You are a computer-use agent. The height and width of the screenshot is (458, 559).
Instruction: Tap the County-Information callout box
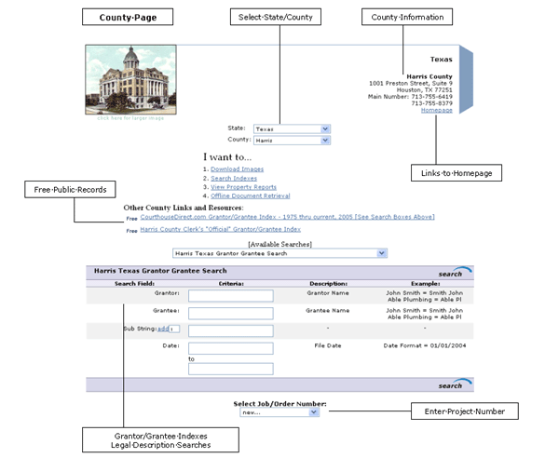click(408, 18)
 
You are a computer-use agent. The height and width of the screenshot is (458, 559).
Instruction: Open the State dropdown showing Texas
click(293, 128)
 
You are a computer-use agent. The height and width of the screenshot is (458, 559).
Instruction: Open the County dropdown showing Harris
click(293, 140)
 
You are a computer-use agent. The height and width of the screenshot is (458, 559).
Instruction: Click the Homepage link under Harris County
click(436, 110)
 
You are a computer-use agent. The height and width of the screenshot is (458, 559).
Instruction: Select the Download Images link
click(237, 169)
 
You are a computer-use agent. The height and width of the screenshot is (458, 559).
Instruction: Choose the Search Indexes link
click(234, 178)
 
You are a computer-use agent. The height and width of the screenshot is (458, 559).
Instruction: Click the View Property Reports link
click(243, 187)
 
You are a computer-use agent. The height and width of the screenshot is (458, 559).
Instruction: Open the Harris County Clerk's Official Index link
click(220, 228)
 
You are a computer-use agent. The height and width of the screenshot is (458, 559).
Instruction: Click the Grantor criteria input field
click(230, 296)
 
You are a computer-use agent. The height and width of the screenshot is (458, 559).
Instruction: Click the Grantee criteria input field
click(230, 314)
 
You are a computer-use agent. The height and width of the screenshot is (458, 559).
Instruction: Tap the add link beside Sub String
click(162, 329)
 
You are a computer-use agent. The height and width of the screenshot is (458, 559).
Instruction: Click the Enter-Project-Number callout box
click(464, 411)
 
